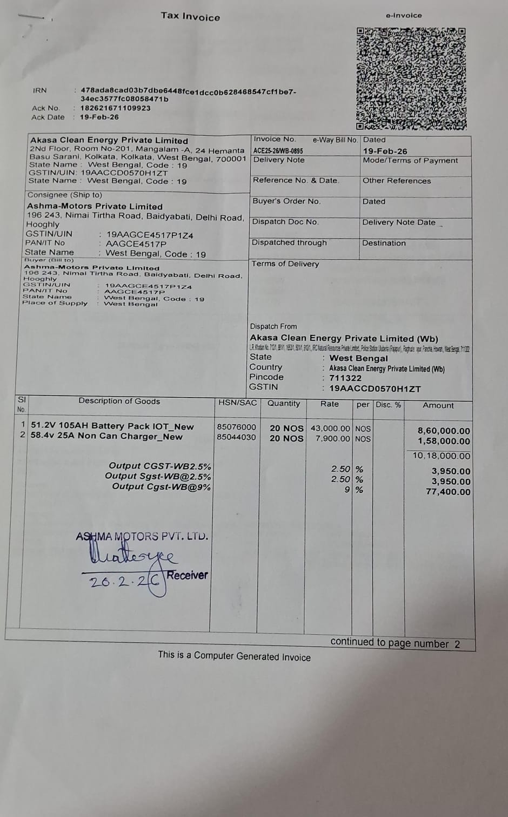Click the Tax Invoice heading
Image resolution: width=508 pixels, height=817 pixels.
click(x=190, y=16)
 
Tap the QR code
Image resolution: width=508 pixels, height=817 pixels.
click(x=411, y=78)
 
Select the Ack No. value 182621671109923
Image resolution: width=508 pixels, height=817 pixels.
click(x=115, y=108)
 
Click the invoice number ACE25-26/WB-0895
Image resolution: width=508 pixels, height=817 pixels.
click(x=278, y=151)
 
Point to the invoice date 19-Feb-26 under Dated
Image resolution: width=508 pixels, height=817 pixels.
click(x=385, y=151)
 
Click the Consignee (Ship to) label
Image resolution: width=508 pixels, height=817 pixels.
click(x=64, y=195)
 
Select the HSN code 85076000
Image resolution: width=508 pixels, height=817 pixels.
click(x=236, y=427)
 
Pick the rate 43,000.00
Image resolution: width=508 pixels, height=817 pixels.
click(x=330, y=428)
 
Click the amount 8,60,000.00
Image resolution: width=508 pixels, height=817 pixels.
click(x=443, y=431)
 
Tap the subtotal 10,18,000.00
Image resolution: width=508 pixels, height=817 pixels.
click(x=441, y=456)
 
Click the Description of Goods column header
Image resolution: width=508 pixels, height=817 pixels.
click(x=119, y=401)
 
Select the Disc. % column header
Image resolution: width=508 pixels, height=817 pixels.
click(x=388, y=405)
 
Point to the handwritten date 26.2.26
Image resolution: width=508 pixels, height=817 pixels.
click(x=124, y=582)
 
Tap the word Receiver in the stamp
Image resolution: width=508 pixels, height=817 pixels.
click(x=187, y=575)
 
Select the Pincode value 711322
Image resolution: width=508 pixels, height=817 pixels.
click(x=345, y=378)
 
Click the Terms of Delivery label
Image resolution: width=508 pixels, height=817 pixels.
click(x=285, y=264)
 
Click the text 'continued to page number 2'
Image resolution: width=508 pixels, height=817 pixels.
click(x=395, y=643)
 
